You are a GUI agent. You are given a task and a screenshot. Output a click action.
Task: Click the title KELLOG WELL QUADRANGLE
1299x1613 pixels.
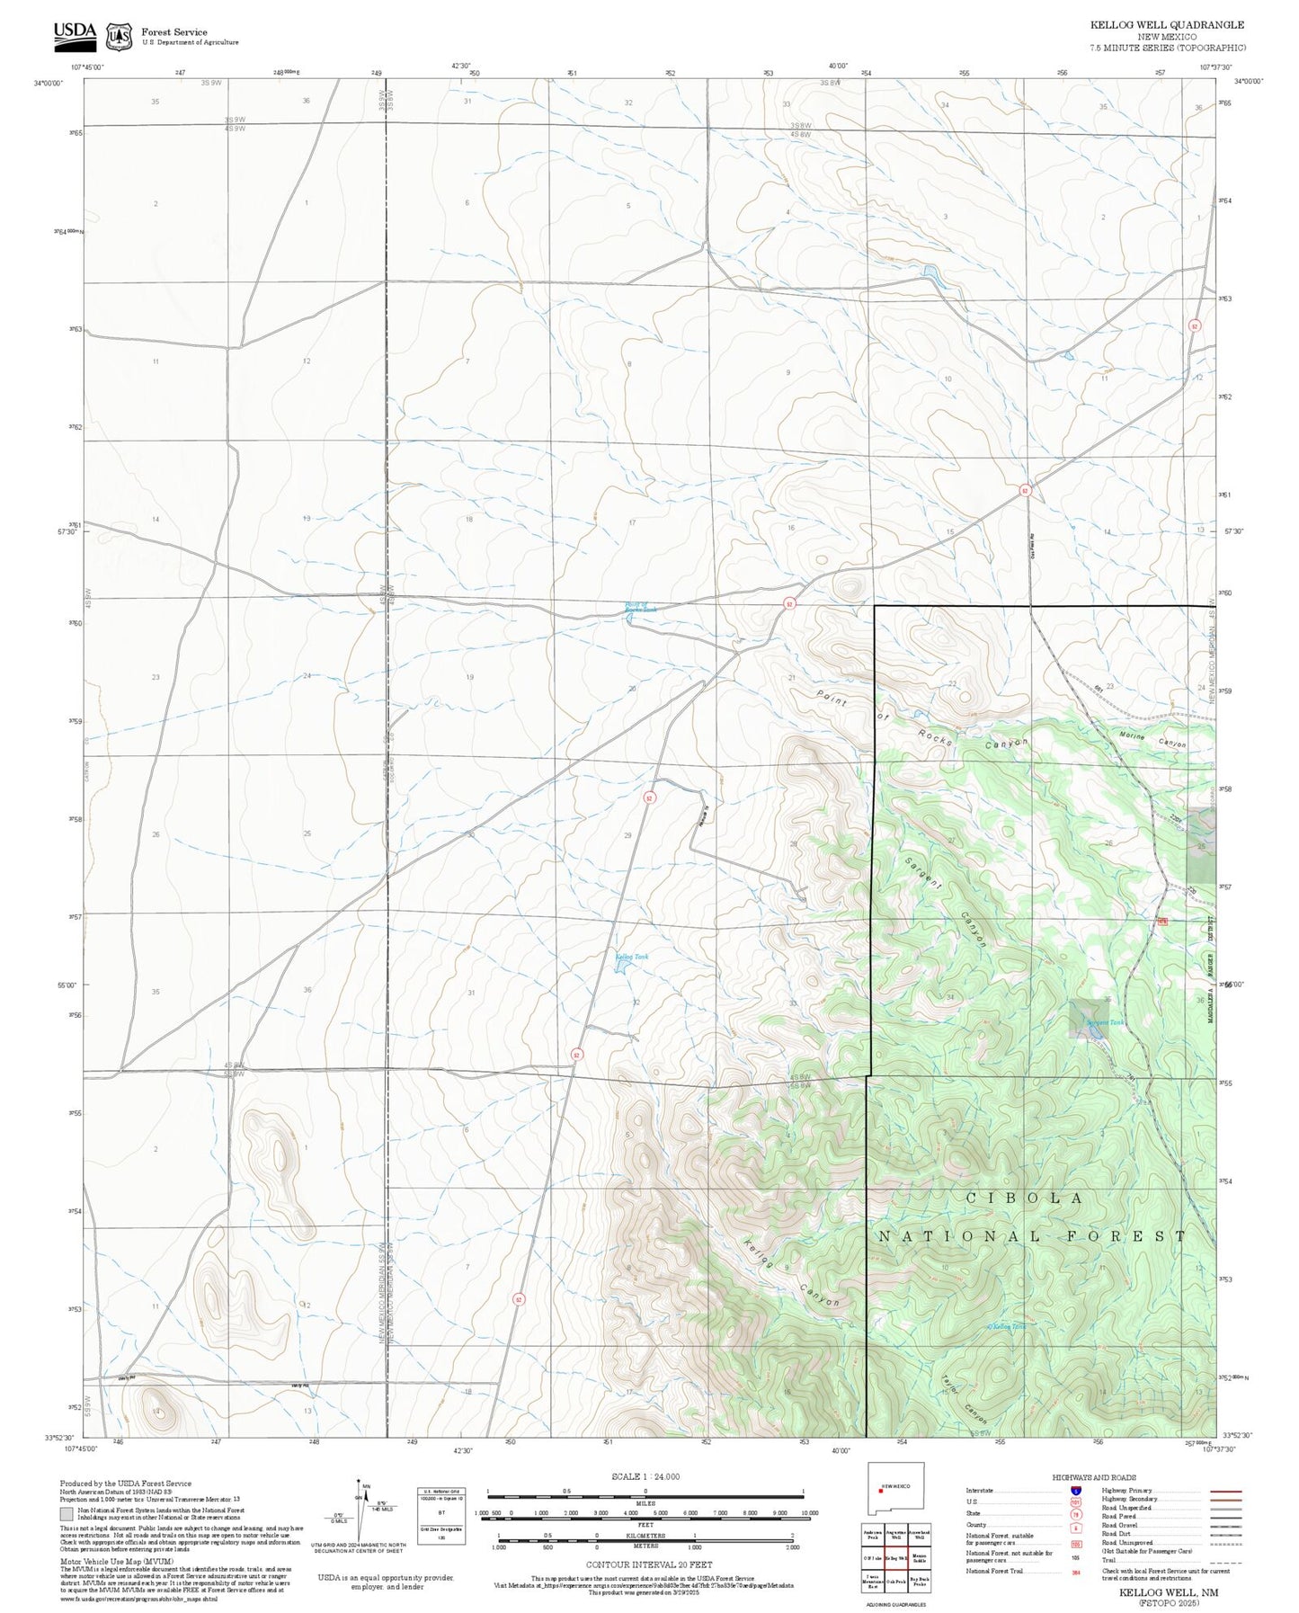click(x=1167, y=25)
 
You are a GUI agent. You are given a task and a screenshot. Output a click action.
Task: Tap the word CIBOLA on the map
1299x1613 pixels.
click(x=1025, y=1199)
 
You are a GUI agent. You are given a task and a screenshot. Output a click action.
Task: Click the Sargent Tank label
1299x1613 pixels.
click(x=1104, y=1023)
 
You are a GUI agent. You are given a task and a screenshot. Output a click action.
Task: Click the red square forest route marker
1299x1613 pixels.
click(x=1161, y=922)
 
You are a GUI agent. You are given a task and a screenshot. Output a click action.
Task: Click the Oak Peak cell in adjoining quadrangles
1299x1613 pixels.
click(x=896, y=1582)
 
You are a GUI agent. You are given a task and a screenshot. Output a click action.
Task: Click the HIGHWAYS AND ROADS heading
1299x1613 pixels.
click(x=1094, y=1477)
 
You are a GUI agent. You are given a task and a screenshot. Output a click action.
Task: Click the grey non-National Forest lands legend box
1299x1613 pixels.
click(x=67, y=1514)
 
